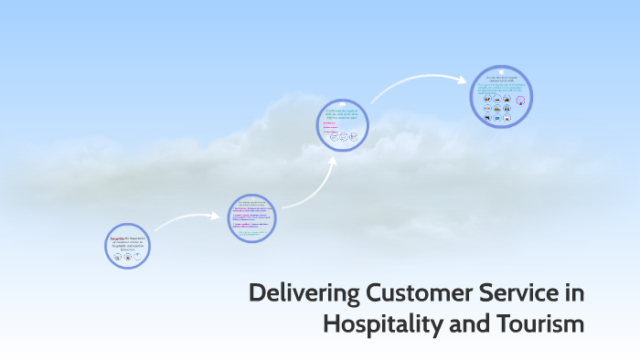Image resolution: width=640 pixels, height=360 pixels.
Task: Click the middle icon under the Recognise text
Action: (x=127, y=257)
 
